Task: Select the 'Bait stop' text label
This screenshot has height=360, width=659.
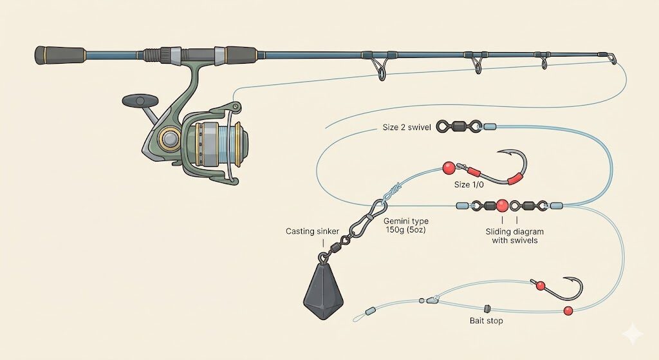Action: (x=487, y=320)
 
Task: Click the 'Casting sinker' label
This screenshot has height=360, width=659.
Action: (x=312, y=231)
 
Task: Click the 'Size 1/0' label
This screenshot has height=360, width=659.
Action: (x=472, y=184)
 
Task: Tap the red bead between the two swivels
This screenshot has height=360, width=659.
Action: (x=502, y=206)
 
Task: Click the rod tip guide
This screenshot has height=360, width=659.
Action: (x=610, y=59)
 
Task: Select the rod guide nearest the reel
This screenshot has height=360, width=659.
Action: (x=378, y=66)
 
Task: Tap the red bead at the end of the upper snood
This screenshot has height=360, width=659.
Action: (x=449, y=169)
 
